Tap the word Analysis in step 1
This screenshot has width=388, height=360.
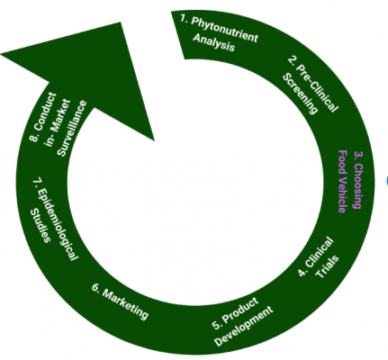click(x=213, y=42)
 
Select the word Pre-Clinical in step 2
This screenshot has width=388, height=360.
click(x=318, y=88)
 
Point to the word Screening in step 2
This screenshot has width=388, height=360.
click(x=300, y=94)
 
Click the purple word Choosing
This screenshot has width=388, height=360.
click(x=358, y=186)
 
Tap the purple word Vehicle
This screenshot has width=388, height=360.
click(x=342, y=196)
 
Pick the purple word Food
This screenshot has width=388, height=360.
click(x=342, y=163)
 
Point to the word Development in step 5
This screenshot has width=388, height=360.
click(x=244, y=326)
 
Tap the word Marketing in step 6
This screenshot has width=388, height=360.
click(x=125, y=304)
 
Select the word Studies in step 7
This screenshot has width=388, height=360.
click(x=40, y=226)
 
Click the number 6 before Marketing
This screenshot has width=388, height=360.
click(x=95, y=287)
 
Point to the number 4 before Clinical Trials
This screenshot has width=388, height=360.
click(x=302, y=273)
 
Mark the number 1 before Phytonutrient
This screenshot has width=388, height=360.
click(x=184, y=18)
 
